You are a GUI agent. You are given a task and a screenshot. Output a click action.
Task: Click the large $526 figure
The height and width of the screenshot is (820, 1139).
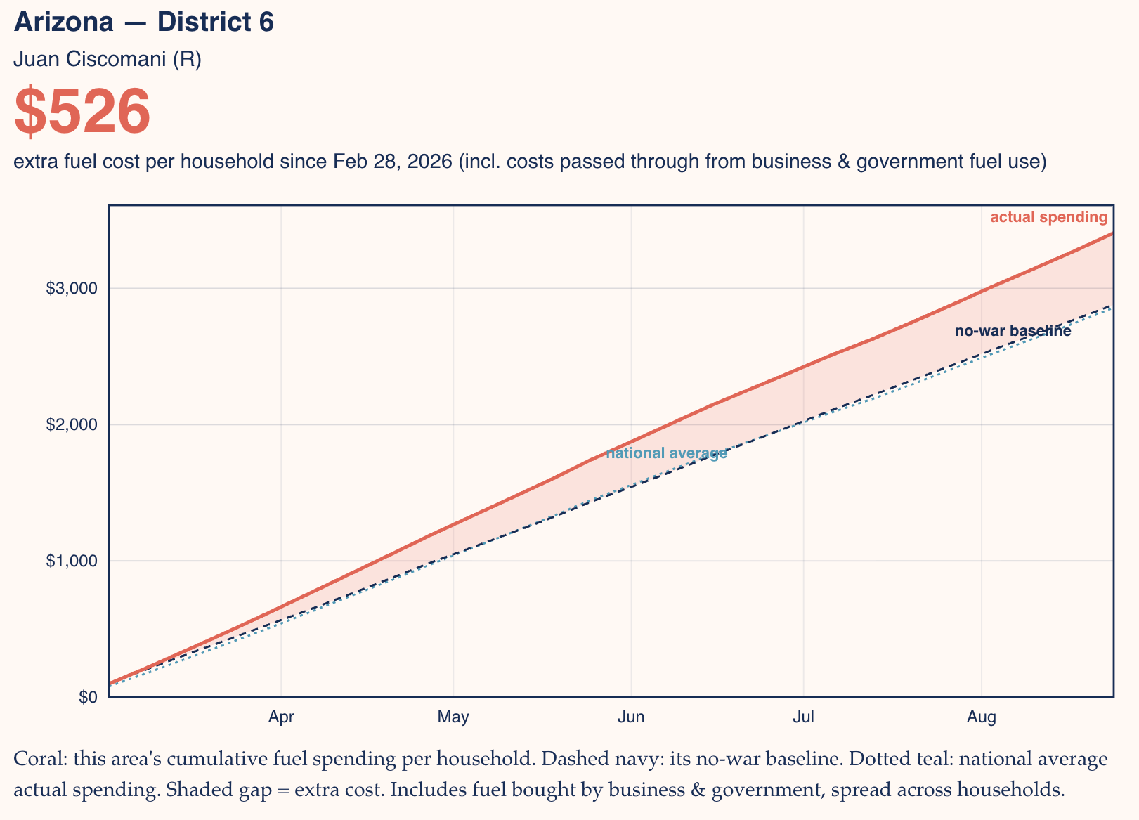82,111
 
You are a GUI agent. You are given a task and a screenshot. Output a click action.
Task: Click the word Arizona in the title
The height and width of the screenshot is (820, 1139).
63,22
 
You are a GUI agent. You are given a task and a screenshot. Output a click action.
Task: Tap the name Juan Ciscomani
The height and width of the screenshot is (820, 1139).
89,59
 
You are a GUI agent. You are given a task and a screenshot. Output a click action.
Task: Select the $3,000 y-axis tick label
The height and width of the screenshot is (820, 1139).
71,288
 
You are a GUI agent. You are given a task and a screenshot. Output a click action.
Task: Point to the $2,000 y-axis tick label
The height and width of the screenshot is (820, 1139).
71,424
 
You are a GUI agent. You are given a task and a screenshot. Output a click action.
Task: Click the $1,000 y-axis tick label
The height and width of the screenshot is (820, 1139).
71,561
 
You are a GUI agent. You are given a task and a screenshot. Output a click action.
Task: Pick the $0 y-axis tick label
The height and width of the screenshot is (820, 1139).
88,697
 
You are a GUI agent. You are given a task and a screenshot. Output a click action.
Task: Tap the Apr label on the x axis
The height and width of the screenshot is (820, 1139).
281,717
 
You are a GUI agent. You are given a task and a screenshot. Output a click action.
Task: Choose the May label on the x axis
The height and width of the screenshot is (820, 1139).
453,717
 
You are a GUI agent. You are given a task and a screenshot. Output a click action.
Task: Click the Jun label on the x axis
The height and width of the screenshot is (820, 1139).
631,717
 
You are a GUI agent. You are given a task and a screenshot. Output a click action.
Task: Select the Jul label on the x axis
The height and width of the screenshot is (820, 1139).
803,717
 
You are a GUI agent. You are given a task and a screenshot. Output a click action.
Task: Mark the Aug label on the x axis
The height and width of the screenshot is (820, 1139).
982,717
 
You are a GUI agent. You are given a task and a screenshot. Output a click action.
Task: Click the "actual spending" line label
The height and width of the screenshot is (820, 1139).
1048,217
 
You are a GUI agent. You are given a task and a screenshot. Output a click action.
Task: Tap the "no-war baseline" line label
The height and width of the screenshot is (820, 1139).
1013,331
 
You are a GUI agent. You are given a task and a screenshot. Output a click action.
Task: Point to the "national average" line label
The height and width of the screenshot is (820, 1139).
667,453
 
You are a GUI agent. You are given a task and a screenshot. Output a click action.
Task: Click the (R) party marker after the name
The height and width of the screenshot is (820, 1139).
187,59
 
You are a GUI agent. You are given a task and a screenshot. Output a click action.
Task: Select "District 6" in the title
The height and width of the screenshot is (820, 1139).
216,22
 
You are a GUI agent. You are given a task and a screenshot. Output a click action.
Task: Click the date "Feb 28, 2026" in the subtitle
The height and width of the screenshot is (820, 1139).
393,161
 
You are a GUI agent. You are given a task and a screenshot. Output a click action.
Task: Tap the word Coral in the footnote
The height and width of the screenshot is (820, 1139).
41,758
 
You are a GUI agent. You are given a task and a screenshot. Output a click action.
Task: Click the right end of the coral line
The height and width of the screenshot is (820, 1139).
1113,233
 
